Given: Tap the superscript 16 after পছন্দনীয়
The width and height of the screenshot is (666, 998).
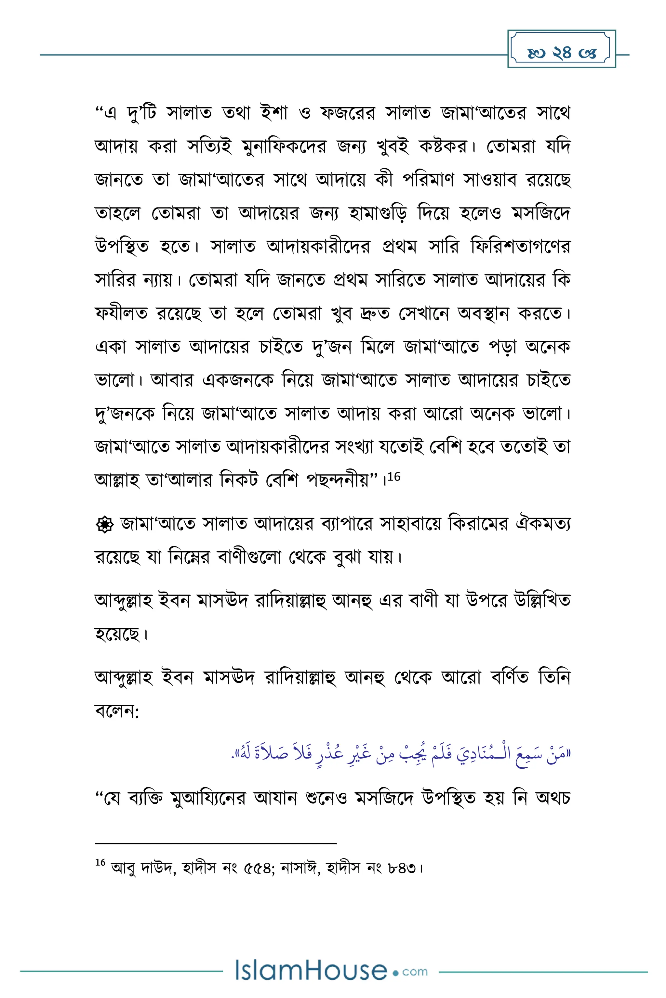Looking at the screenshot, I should pos(394,477).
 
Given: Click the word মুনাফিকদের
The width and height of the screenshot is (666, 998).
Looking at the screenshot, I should pos(284,147).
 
